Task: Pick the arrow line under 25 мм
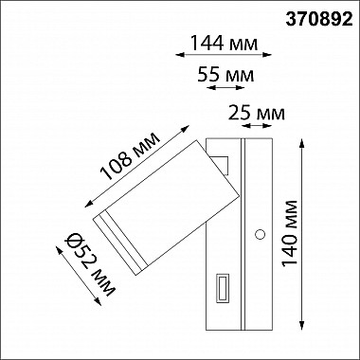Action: (x=258, y=129)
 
